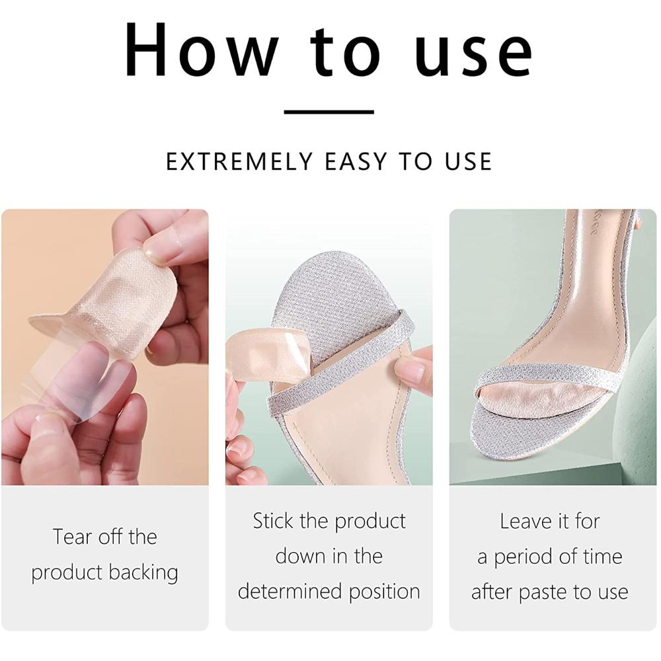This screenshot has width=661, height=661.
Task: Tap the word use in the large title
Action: tap(473, 51)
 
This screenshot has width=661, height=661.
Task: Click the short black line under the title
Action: tap(329, 112)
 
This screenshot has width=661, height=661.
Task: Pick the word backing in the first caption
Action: tap(148, 572)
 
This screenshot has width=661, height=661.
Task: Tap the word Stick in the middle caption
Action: tap(272, 521)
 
